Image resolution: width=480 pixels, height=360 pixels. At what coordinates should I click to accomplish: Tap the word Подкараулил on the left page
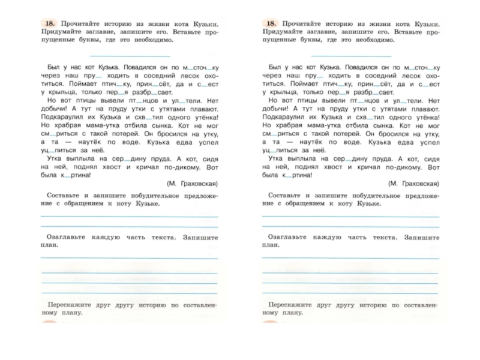pyautogui.click(x=62, y=118)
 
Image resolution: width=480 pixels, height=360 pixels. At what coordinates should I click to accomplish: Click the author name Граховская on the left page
pyautogui.click(x=195, y=183)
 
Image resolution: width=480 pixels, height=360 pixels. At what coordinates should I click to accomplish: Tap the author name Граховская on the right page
pyautogui.click(x=417, y=183)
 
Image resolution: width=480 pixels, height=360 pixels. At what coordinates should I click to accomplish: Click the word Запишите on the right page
pyautogui.click(x=422, y=237)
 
